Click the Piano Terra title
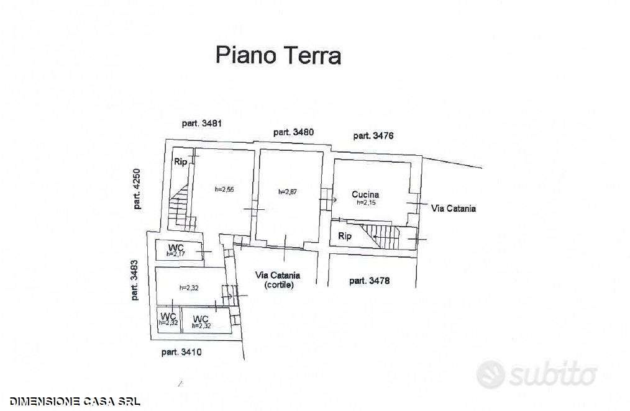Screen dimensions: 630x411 click(278, 55)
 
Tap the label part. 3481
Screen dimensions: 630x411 click(202, 124)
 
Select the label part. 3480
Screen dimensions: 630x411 click(293, 132)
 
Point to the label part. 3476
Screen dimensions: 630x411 click(373, 136)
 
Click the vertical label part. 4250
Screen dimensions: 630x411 click(137, 189)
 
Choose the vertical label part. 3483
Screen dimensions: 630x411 click(134, 280)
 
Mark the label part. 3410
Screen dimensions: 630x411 click(181, 353)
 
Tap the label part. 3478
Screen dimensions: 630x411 click(369, 281)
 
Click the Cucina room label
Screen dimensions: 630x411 click(365, 195)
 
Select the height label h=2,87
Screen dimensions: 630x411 click(288, 192)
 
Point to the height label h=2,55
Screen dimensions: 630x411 click(224, 189)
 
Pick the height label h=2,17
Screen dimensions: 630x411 click(176, 254)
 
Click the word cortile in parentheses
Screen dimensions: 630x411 click(279, 285)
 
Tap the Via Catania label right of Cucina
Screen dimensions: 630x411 click(453, 209)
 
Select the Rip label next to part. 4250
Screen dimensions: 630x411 click(180, 162)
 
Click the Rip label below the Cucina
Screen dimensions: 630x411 click(344, 236)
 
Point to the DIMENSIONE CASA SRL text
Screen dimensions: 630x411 click(75, 401)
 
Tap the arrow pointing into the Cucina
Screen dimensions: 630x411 click(328, 200)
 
